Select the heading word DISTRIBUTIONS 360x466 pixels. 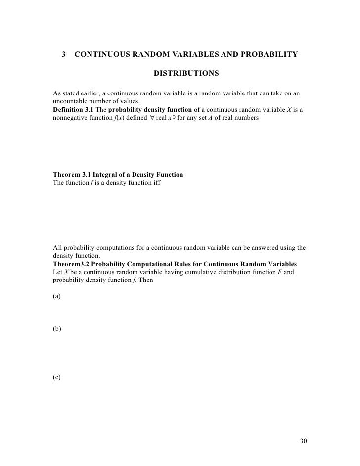point(186,74)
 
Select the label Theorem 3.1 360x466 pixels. point(72,175)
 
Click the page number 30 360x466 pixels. point(304,440)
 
